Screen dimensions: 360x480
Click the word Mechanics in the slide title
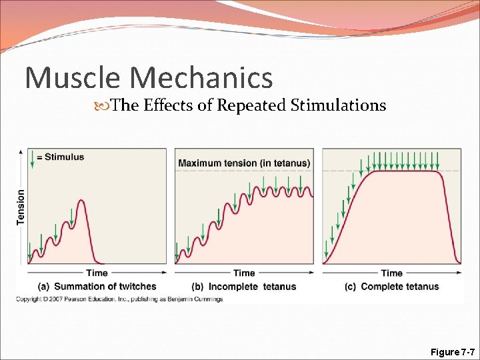[x=202, y=77]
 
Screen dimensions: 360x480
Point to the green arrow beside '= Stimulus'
[x=31, y=158]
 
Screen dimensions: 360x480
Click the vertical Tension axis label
[x=21, y=207]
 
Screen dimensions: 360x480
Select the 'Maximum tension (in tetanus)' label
[x=244, y=163]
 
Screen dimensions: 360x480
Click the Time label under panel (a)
[x=97, y=273]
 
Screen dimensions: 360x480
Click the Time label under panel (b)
[x=244, y=273]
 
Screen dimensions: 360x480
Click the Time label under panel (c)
[x=391, y=273]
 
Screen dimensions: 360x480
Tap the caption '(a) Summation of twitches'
[x=97, y=287]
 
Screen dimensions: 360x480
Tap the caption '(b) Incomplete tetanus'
[x=244, y=287]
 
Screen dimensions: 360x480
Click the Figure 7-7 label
[x=453, y=351]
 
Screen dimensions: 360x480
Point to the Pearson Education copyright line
[x=120, y=299]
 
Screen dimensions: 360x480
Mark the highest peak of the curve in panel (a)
[x=81, y=200]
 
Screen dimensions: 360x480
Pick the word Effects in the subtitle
[x=166, y=105]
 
